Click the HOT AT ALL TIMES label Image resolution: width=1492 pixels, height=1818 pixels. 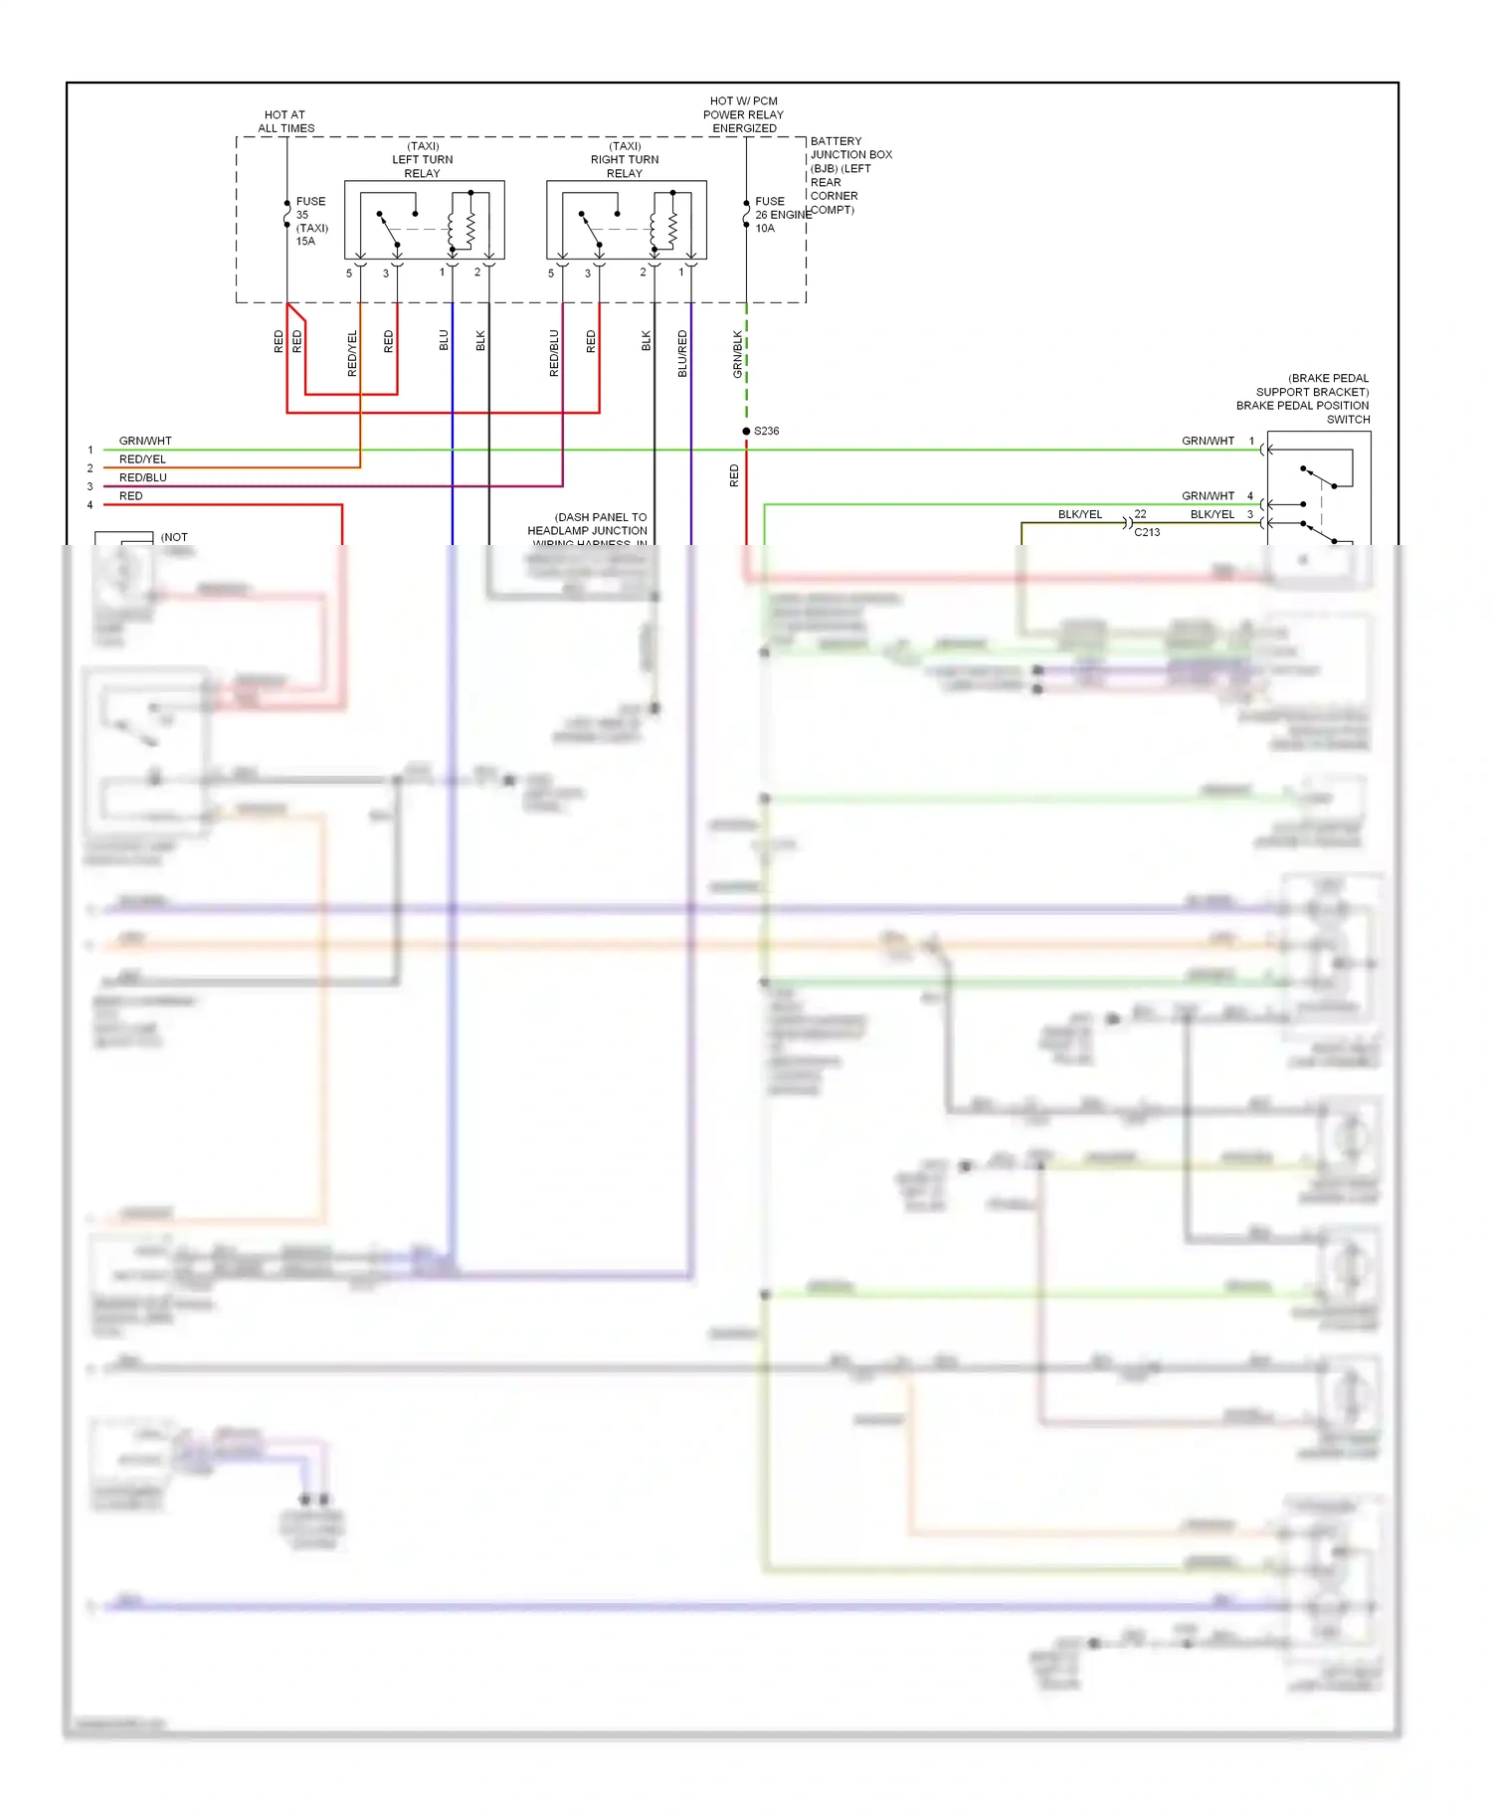point(285,121)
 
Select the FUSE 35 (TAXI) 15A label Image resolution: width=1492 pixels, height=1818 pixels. point(311,221)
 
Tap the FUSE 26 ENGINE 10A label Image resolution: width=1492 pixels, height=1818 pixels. point(781,215)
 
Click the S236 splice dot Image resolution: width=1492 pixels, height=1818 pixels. point(746,431)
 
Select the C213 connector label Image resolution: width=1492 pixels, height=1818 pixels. point(1147,532)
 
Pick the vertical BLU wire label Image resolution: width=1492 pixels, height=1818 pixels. point(445,340)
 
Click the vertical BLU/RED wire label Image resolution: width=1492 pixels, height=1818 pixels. point(682,353)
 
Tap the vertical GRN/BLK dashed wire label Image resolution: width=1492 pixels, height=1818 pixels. point(738,353)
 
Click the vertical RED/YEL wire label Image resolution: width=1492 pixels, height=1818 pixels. point(352,353)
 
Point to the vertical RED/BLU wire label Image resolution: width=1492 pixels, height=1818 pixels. point(554,353)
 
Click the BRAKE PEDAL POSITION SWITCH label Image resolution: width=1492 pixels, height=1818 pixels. point(1303,399)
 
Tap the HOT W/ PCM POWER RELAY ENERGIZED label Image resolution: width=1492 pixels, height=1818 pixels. point(744,114)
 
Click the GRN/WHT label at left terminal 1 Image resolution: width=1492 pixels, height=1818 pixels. point(145,441)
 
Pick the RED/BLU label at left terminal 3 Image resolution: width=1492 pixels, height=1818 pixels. point(143,477)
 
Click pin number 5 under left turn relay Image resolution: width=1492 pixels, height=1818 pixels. point(349,273)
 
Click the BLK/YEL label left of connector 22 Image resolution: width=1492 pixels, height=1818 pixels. point(1079,514)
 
